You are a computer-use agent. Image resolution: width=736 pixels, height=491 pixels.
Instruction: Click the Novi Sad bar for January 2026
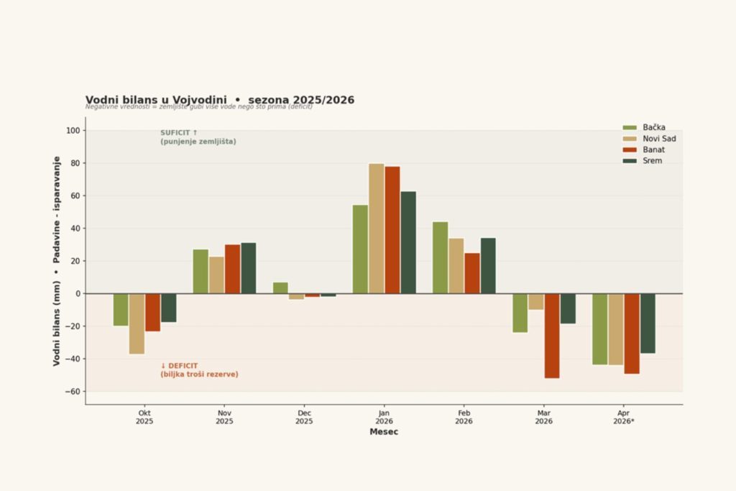(x=376, y=228)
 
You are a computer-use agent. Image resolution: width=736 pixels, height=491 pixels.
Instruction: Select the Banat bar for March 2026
(x=552, y=335)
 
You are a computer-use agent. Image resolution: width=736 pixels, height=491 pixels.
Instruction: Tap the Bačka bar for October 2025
(x=121, y=310)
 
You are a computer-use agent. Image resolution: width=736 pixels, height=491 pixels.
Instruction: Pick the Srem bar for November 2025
(x=249, y=268)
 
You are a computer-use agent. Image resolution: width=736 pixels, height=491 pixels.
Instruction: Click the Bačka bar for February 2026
(x=440, y=257)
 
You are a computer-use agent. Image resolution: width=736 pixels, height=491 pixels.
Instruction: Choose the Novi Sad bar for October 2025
(x=137, y=323)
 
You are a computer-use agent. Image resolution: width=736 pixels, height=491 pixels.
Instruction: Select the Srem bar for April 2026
(x=648, y=323)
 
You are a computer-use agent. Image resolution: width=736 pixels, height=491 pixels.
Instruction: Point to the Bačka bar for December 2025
(x=280, y=288)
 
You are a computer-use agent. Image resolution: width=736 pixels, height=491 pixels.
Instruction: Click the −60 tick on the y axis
(x=72, y=392)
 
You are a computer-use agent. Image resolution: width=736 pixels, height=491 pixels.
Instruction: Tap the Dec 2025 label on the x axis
(x=305, y=417)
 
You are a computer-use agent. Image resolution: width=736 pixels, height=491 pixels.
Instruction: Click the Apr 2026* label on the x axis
(x=624, y=417)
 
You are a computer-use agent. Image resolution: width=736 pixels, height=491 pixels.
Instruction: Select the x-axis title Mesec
(x=384, y=432)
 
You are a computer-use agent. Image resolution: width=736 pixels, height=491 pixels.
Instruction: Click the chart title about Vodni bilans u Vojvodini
(x=219, y=100)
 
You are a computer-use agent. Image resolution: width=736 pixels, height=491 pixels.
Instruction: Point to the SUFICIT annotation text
(x=198, y=137)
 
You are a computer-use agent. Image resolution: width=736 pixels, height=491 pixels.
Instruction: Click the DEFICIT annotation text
(x=199, y=370)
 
